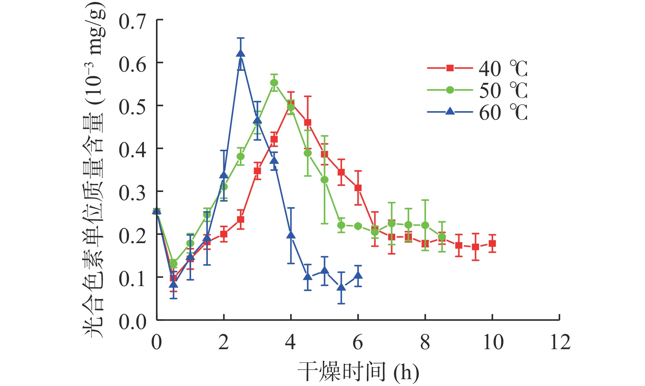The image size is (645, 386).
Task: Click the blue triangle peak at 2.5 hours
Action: click(241, 54)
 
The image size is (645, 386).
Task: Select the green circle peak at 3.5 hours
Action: click(274, 83)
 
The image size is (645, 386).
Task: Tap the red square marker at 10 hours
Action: click(492, 243)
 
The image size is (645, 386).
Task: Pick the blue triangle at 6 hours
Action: click(358, 275)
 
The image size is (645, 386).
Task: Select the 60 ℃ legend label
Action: click(503, 113)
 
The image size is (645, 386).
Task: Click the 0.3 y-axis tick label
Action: click(132, 193)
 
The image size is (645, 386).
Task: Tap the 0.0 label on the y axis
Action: click(132, 321)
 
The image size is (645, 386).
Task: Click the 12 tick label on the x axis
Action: click(560, 342)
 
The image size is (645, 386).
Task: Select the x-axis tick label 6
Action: click(358, 342)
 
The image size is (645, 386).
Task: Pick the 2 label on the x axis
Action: click(224, 342)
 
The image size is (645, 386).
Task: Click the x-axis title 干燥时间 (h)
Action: click(358, 372)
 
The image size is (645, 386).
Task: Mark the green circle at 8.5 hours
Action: click(442, 237)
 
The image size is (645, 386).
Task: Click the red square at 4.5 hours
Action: click(307, 123)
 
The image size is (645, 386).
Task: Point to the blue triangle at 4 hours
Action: click(291, 235)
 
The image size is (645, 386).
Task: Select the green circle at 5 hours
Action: click(325, 180)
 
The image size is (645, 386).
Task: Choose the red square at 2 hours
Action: click(224, 234)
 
